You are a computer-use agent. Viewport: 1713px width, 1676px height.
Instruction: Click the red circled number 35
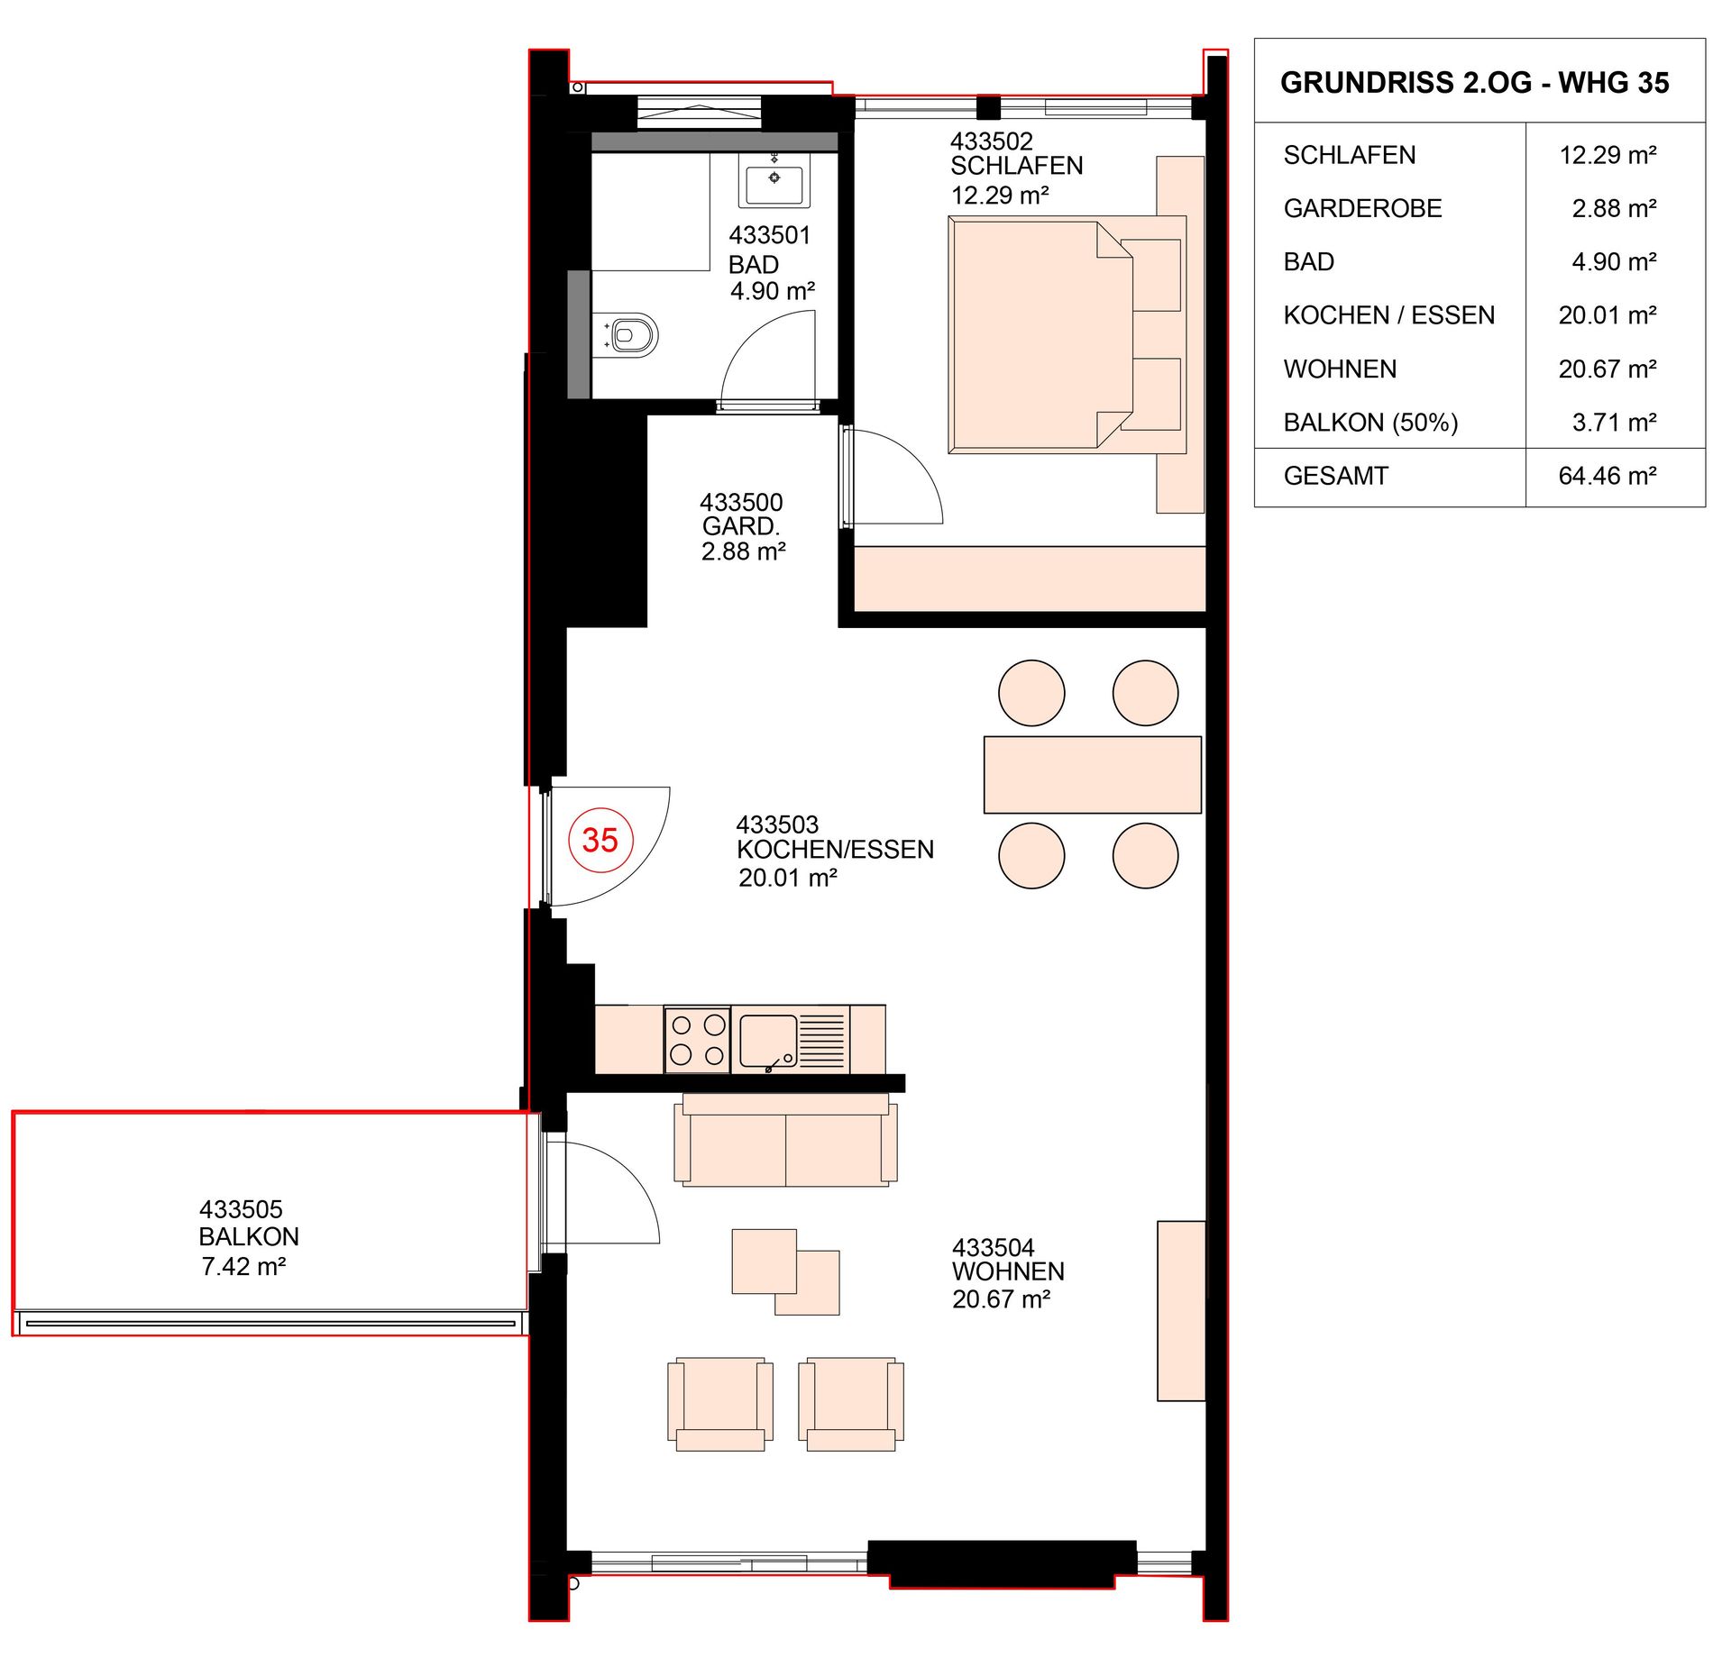[x=600, y=840]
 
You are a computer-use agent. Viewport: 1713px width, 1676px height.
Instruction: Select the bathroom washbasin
[x=774, y=180]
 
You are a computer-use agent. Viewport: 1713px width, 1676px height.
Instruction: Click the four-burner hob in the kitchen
[x=698, y=1040]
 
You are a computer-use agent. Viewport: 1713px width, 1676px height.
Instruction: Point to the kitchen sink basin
[x=768, y=1041]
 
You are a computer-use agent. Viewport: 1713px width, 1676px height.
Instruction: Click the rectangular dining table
[x=1092, y=775]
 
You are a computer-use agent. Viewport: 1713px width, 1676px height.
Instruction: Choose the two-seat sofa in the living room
[x=785, y=1140]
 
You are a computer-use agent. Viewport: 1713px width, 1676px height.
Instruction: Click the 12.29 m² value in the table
[x=1608, y=155]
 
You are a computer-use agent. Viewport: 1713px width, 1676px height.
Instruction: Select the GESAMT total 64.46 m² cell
[x=1608, y=476]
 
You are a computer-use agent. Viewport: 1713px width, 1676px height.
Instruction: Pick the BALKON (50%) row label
[x=1370, y=423]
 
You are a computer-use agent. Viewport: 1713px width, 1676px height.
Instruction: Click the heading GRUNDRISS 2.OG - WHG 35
[x=1475, y=83]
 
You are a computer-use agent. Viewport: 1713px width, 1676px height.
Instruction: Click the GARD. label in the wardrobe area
[x=741, y=526]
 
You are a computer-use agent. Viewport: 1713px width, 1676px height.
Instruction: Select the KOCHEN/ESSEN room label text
[x=835, y=850]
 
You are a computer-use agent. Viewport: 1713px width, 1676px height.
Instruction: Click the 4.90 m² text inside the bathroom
[x=773, y=291]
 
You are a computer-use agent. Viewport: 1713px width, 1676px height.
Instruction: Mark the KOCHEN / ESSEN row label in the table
[x=1388, y=315]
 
